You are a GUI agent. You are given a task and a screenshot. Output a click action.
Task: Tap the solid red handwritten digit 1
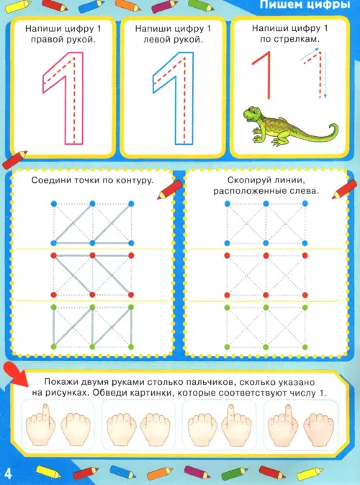pos(268,74)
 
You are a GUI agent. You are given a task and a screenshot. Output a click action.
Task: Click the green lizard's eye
pos(249,112)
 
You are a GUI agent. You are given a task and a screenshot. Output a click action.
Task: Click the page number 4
pos(8,474)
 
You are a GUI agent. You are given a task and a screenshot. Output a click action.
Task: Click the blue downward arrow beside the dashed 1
pos(325,75)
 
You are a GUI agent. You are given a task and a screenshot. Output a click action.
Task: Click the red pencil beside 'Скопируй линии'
pos(344,190)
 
